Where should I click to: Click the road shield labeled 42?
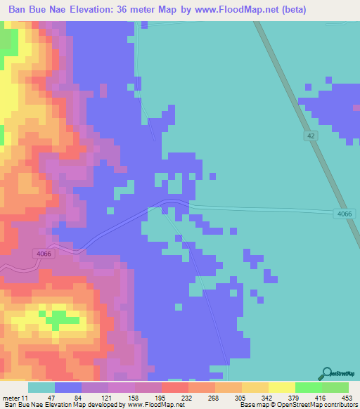coord(311,135)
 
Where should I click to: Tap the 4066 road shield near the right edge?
coord(342,214)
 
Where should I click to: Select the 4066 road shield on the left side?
coord(42,254)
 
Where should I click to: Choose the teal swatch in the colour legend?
coord(41,387)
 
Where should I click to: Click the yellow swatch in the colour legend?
coord(281,387)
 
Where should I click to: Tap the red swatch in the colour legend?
coord(174,387)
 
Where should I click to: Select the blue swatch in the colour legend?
coord(68,387)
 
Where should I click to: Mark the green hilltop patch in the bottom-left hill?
coord(60,317)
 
